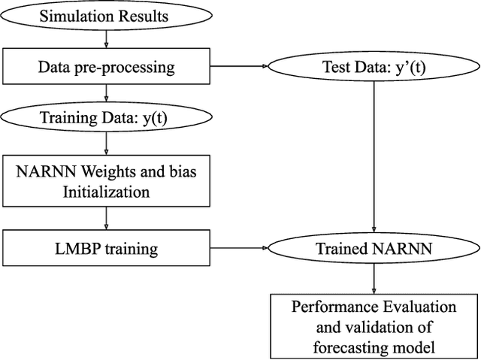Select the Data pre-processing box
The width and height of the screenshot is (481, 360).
pyautogui.click(x=106, y=67)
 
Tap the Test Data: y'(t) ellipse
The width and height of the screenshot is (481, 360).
pyautogui.click(x=374, y=67)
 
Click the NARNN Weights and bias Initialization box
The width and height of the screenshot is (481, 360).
pyautogui.click(x=106, y=181)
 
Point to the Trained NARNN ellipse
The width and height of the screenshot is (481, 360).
pyautogui.click(x=374, y=247)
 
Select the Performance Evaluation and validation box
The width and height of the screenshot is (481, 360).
pyautogui.click(x=374, y=325)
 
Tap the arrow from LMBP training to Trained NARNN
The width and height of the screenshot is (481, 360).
pyautogui.click(x=240, y=247)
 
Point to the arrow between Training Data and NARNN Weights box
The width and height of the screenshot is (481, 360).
pyautogui.click(x=106, y=144)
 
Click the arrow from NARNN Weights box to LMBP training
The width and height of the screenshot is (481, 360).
pyautogui.click(x=106, y=219)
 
